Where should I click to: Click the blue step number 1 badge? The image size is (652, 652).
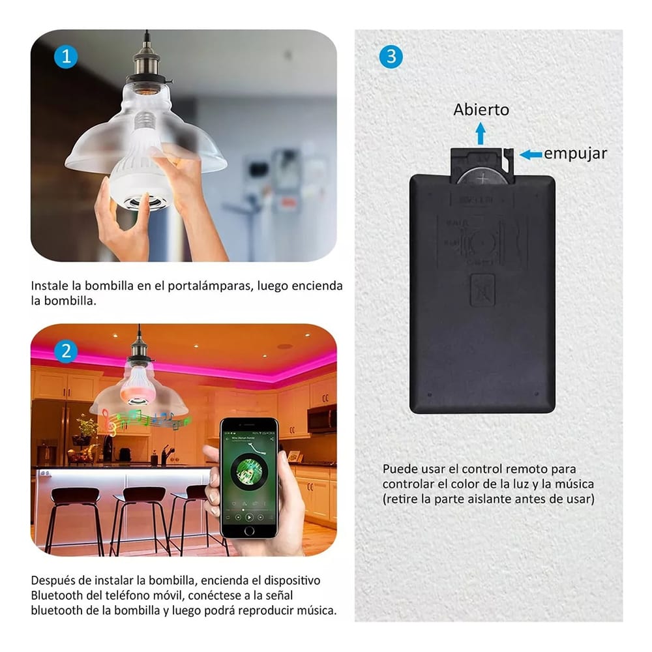click(66, 57)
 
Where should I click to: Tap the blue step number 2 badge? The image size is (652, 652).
click(66, 352)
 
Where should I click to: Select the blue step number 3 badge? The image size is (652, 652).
click(391, 57)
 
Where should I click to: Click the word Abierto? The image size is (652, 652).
click(481, 110)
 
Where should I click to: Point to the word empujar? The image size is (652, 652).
click(575, 154)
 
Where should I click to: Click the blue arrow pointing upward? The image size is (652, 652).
click(481, 134)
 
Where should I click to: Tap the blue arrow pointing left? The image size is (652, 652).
click(531, 155)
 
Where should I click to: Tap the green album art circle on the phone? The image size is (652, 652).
click(248, 472)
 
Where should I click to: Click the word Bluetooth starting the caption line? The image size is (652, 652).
click(55, 595)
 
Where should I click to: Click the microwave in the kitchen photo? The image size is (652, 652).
click(322, 419)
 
